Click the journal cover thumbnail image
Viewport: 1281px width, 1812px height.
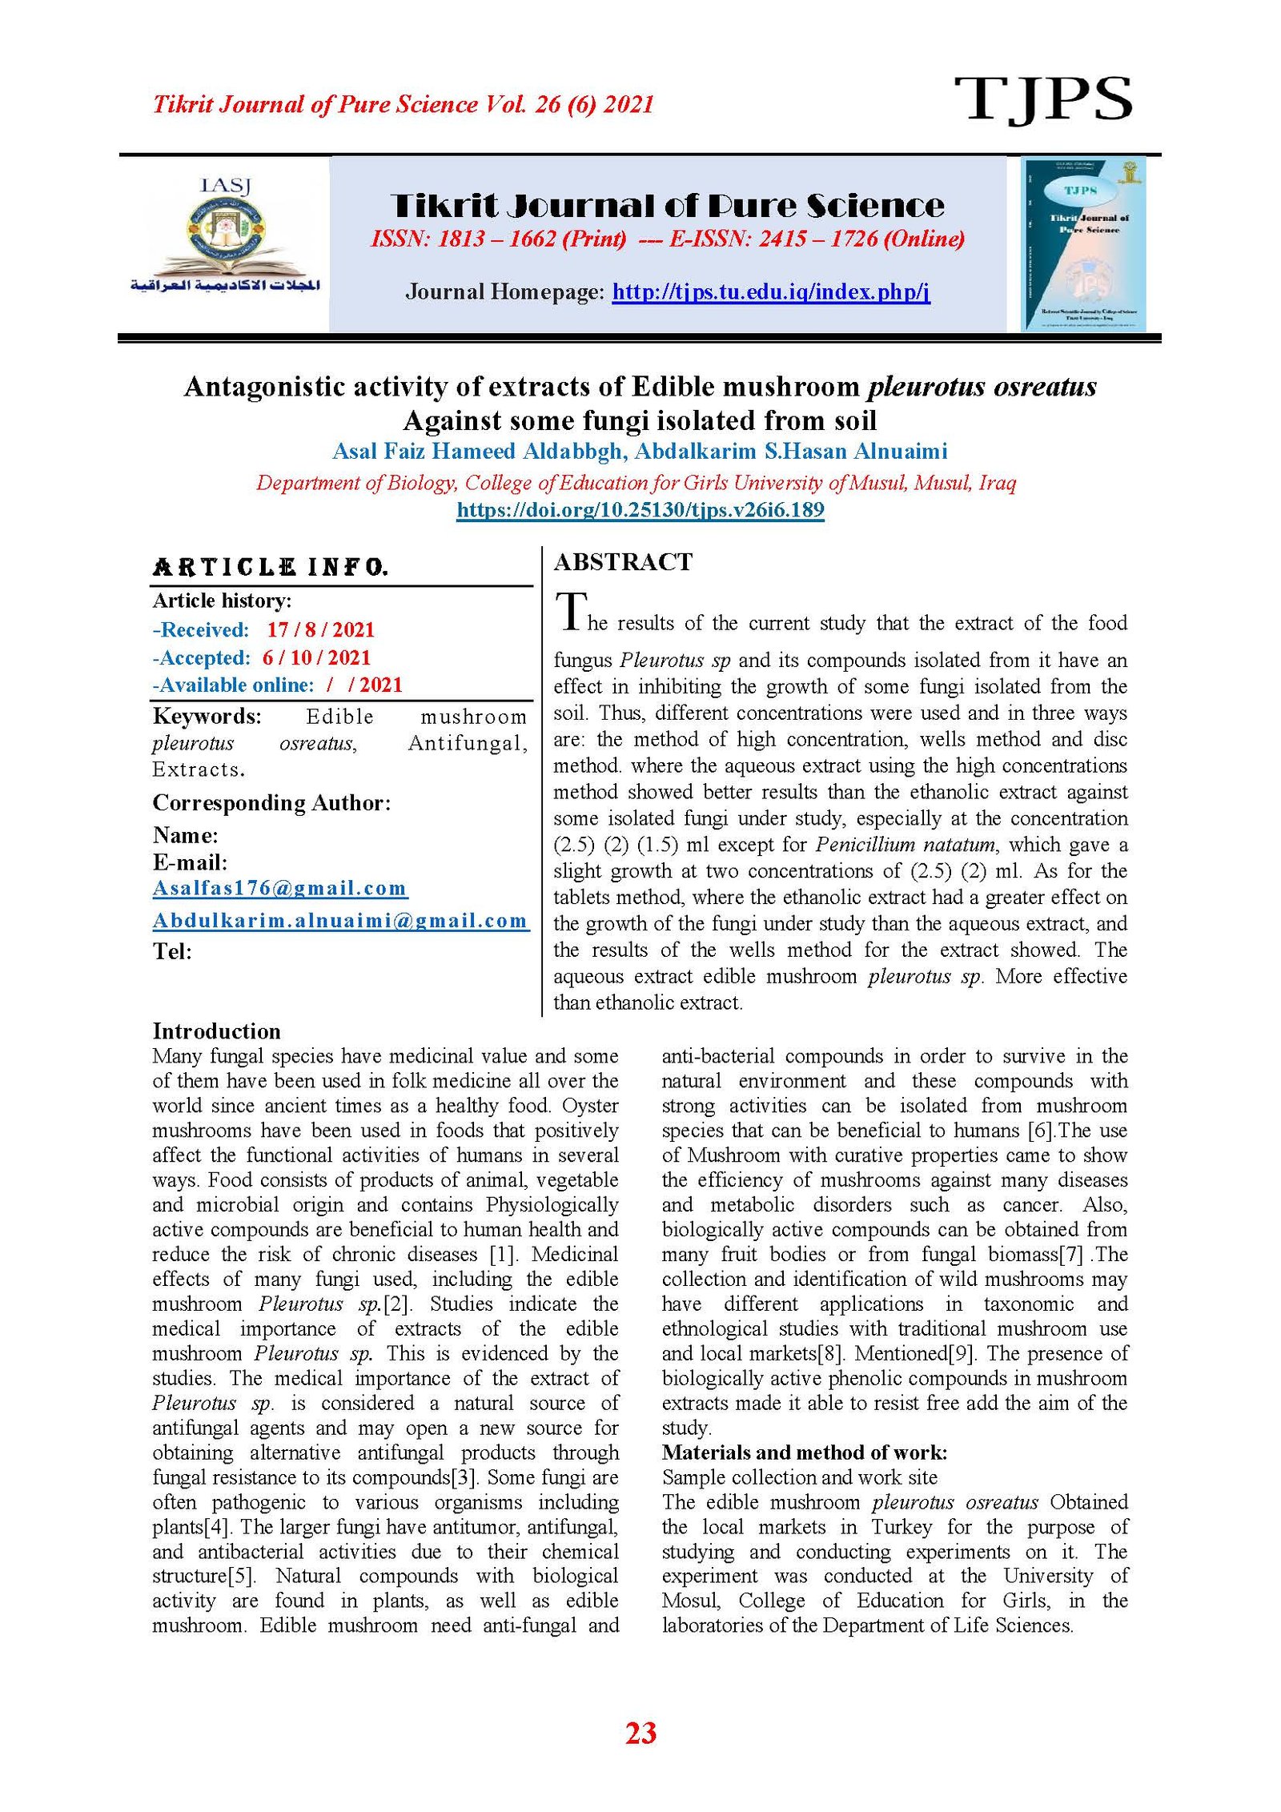1082,244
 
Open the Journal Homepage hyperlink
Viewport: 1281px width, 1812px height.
770,291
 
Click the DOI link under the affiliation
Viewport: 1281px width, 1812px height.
640,510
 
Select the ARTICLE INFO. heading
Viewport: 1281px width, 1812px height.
271,568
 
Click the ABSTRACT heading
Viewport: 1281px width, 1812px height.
623,562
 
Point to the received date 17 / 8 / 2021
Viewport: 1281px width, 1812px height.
320,629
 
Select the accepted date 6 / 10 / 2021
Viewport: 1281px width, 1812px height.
316,657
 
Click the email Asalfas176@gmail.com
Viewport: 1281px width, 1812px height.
279,888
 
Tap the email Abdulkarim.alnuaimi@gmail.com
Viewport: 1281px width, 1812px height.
339,921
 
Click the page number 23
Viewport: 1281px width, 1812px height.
640,1734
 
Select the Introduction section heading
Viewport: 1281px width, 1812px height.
216,1031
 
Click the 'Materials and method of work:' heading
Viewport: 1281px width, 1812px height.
804,1452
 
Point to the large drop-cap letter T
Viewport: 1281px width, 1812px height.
572,612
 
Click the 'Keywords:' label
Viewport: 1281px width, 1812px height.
207,716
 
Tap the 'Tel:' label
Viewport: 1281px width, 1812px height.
172,951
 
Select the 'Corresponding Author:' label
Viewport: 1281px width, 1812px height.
271,802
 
